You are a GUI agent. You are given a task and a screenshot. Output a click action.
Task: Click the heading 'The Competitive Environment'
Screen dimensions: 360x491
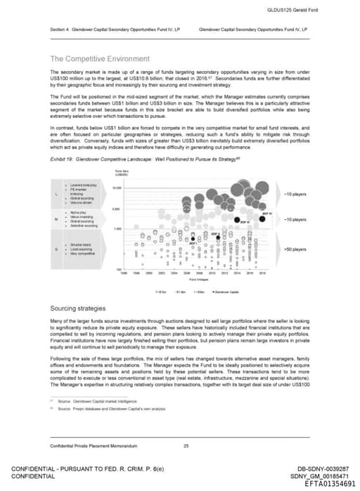[x=98, y=58]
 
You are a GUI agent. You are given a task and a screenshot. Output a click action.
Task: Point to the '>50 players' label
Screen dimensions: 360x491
[x=293, y=249]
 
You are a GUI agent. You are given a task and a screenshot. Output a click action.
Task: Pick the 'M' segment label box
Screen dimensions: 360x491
[x=56, y=220]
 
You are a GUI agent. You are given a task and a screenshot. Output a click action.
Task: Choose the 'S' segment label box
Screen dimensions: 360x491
[x=56, y=249]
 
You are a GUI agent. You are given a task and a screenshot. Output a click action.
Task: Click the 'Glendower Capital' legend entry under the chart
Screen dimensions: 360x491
[x=226, y=290]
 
